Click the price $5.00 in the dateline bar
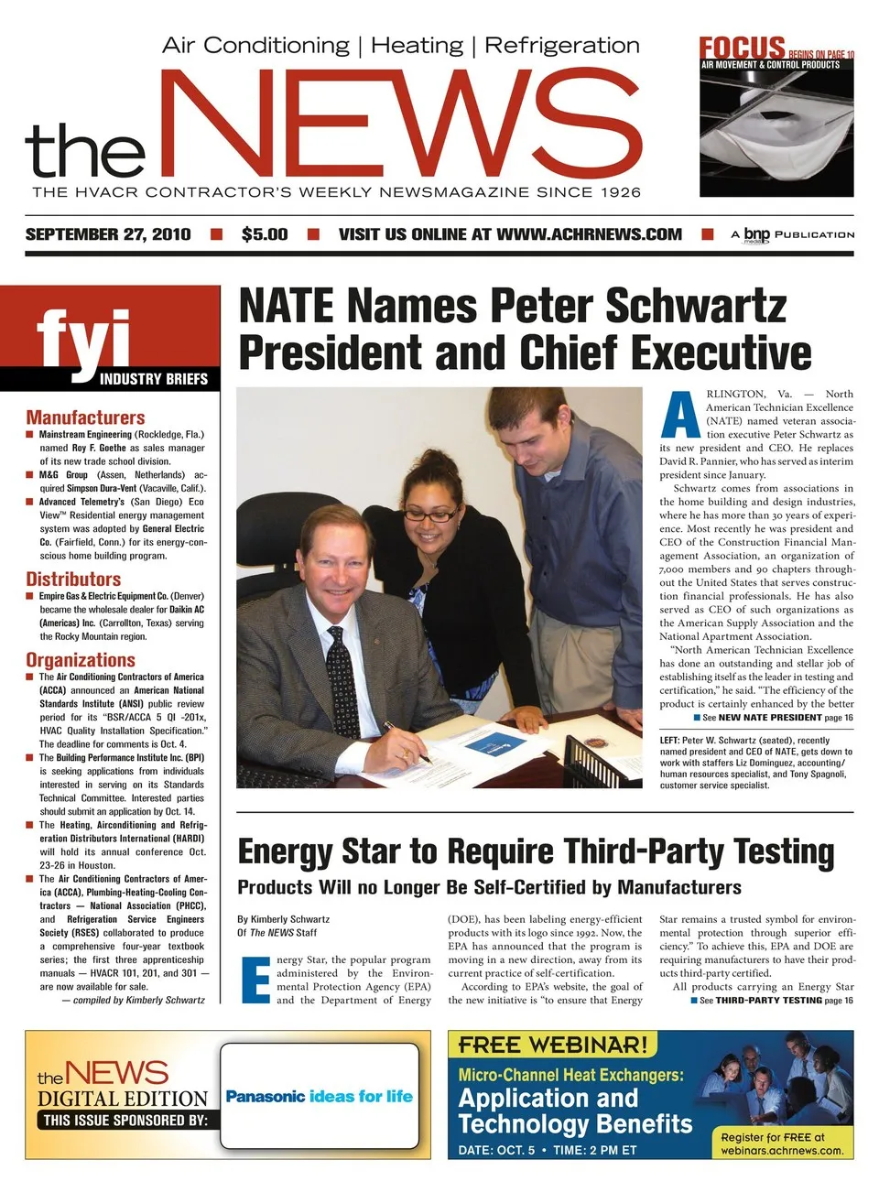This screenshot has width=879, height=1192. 265,234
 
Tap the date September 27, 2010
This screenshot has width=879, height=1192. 108,234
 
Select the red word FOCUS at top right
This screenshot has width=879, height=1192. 742,48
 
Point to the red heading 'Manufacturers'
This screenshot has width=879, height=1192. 85,417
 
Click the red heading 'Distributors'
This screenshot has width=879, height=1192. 73,580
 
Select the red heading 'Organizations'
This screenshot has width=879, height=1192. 81,660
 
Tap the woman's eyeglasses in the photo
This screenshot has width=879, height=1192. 430,515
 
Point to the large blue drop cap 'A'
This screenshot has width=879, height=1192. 680,415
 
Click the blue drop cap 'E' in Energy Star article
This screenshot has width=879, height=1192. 255,981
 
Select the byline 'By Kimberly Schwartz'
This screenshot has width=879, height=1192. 283,919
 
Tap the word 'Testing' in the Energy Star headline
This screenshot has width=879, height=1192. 783,852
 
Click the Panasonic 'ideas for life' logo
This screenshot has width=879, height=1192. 319,1096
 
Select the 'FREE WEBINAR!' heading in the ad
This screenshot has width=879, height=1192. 553,1045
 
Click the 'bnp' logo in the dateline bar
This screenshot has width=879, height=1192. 756,234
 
